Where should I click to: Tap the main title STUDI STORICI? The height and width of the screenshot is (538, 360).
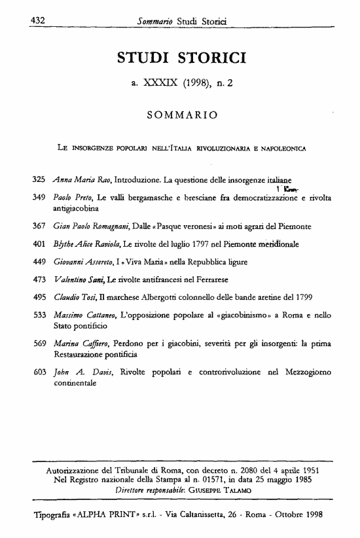pos(181,59)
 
